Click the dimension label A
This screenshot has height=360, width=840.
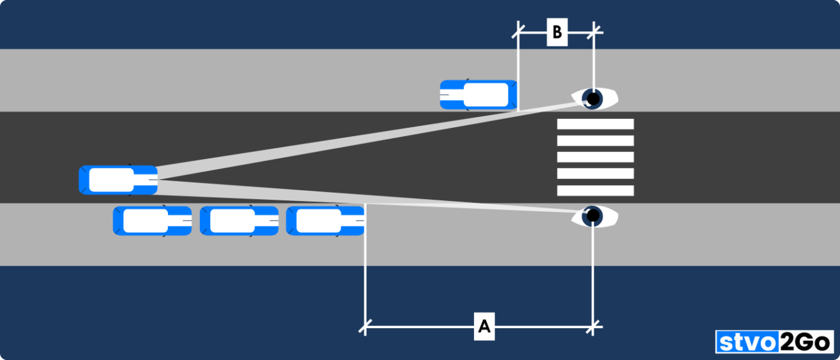[484, 328]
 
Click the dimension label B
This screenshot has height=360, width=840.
[557, 32]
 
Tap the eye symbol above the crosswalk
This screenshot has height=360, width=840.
[594, 99]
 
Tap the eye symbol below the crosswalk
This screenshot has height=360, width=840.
[594, 216]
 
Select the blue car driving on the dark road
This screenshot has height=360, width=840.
[118, 180]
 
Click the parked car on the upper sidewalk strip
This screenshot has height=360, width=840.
[478, 95]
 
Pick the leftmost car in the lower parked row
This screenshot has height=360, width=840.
[152, 221]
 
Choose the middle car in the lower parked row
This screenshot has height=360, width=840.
[239, 221]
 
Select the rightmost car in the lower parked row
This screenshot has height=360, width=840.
[325, 221]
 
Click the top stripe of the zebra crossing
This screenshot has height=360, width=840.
[595, 124]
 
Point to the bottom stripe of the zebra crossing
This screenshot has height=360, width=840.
[595, 190]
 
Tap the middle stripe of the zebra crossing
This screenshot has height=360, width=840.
[595, 157]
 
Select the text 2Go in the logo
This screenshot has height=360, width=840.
[806, 343]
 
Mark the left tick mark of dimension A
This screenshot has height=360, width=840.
[365, 328]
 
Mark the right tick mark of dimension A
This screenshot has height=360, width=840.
[593, 328]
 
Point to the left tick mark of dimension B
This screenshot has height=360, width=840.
[519, 29]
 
